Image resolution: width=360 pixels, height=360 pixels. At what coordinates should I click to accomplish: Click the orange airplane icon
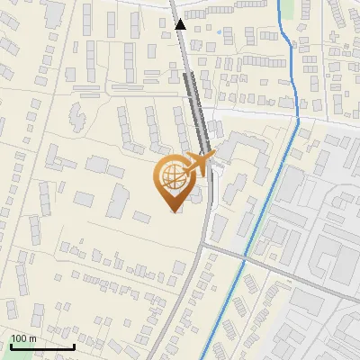click(x=199, y=164)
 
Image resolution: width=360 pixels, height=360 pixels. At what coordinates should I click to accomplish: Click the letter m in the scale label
click(x=33, y=338)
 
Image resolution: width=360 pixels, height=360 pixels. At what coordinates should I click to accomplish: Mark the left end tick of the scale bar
click(x=11, y=345)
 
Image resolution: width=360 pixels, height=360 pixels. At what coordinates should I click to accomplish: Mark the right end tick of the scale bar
click(x=74, y=345)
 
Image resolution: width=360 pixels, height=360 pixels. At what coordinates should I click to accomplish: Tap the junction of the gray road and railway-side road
click(x=209, y=243)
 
